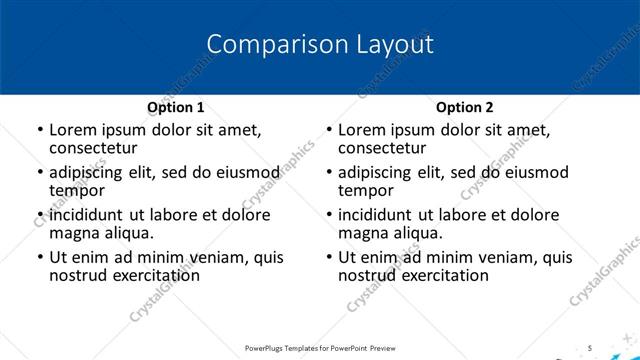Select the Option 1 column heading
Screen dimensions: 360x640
pyautogui.click(x=175, y=107)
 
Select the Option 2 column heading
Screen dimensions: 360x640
pyautogui.click(x=464, y=107)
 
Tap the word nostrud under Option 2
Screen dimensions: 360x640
pyautogui.click(x=368, y=275)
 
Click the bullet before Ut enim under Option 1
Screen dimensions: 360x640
pyautogui.click(x=39, y=258)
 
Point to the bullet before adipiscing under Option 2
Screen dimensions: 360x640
pyautogui.click(x=329, y=172)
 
